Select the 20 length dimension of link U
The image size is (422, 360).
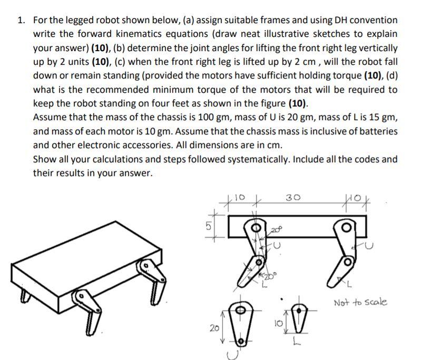tap(214, 327)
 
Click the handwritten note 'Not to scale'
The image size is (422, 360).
tap(361, 302)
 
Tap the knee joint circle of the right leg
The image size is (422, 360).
tap(348, 261)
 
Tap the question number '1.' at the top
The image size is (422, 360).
tap(21, 21)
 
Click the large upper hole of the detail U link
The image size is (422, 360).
tap(240, 311)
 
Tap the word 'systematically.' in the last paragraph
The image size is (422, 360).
tap(271, 159)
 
